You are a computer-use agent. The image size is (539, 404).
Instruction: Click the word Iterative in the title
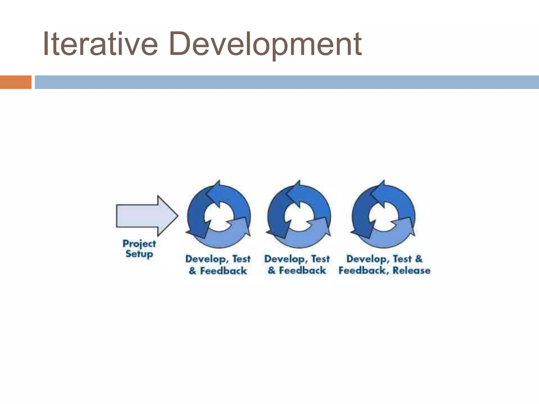100,44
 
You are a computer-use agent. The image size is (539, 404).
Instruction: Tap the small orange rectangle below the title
16,82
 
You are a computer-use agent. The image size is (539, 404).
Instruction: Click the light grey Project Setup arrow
142,216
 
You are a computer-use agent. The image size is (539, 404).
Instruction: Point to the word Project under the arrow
139,244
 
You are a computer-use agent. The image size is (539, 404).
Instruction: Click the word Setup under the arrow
139,254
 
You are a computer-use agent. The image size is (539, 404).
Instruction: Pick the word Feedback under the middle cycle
302,270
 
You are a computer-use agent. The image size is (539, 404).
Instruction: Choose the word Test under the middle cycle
320,259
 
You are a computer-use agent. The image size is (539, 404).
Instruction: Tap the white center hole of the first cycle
219,216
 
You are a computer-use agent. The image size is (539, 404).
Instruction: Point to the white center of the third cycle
383,216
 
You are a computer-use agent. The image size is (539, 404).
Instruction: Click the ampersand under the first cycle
193,271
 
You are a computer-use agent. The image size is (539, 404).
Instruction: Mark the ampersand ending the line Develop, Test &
419,259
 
